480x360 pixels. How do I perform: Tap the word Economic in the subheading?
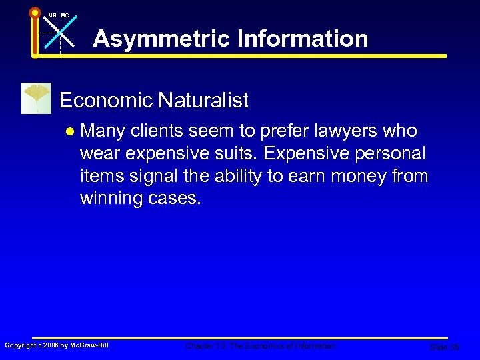[x=105, y=101]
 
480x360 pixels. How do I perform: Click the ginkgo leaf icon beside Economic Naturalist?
[x=36, y=98]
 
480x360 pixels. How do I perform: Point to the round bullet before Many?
[x=70, y=131]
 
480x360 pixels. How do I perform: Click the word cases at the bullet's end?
[x=173, y=198]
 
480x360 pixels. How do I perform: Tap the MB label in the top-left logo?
[x=52, y=15]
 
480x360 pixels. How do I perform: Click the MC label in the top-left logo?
[x=65, y=15]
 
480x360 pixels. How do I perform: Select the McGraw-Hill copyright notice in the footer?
[x=57, y=345]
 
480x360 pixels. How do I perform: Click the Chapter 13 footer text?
[x=261, y=346]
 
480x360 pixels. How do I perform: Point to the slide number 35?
[x=444, y=347]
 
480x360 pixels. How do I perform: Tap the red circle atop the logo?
[x=35, y=12]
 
